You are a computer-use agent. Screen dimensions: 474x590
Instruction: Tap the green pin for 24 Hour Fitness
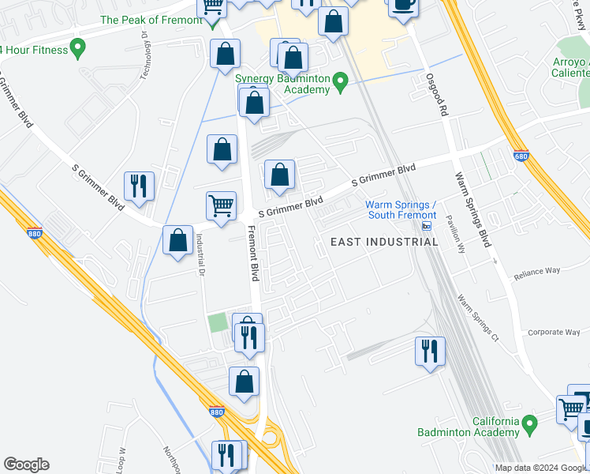point(77,50)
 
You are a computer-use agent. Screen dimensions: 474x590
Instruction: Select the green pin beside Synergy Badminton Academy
point(340,81)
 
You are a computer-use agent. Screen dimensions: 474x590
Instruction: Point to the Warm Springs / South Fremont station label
point(400,209)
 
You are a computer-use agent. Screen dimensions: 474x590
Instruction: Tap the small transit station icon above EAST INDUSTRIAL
point(427,226)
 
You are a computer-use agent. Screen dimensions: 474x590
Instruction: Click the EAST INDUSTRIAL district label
point(383,241)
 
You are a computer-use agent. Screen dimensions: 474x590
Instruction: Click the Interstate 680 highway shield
point(520,157)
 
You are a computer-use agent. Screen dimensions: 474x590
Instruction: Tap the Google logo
point(26,465)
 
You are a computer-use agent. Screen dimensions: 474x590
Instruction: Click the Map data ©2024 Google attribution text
point(540,468)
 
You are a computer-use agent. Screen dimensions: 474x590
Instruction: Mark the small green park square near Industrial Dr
point(216,322)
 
